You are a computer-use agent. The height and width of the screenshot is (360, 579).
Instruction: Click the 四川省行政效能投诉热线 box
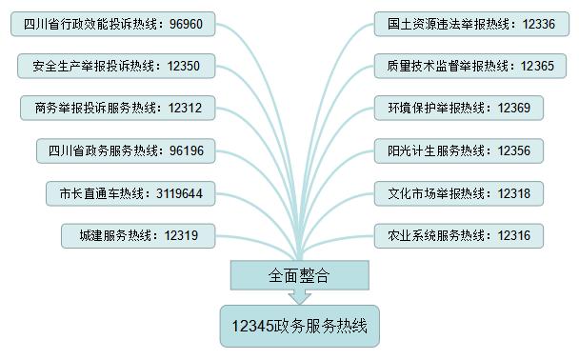pos(113,23)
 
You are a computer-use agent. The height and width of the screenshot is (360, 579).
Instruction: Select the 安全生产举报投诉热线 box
pos(116,66)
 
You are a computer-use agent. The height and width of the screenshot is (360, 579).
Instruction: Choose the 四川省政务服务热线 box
pos(126,150)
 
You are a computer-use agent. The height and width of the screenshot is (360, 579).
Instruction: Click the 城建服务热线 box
pos(137,235)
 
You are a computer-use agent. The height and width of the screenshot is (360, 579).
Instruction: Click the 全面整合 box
pos(299,275)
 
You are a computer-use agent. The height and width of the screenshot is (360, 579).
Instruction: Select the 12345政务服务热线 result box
pos(299,326)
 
